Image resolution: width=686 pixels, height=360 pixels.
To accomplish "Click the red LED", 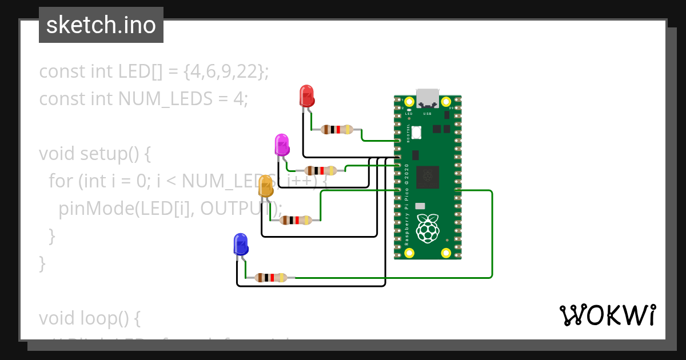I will pyautogui.click(x=307, y=95).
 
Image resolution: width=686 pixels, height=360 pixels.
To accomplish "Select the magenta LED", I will pyautogui.click(x=281, y=145).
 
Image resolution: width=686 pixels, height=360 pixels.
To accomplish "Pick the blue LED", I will pyautogui.click(x=241, y=244).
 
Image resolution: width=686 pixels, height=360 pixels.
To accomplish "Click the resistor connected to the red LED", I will pyautogui.click(x=337, y=129).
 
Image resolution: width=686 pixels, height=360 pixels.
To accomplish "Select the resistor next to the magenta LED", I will pyautogui.click(x=320, y=170).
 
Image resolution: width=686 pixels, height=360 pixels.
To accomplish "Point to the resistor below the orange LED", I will pyautogui.click(x=296, y=220).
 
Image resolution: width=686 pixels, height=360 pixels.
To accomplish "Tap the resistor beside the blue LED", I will pyautogui.click(x=270, y=278).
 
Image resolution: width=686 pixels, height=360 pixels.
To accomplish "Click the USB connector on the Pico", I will pyautogui.click(x=428, y=98).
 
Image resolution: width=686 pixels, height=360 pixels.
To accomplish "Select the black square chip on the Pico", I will pyautogui.click(x=428, y=177).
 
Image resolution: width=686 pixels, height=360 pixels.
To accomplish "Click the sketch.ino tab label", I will pyautogui.click(x=101, y=25).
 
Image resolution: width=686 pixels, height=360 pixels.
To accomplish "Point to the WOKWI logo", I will pyautogui.click(x=607, y=315).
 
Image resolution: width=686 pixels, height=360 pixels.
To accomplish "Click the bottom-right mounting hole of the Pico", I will pyautogui.click(x=445, y=253).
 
